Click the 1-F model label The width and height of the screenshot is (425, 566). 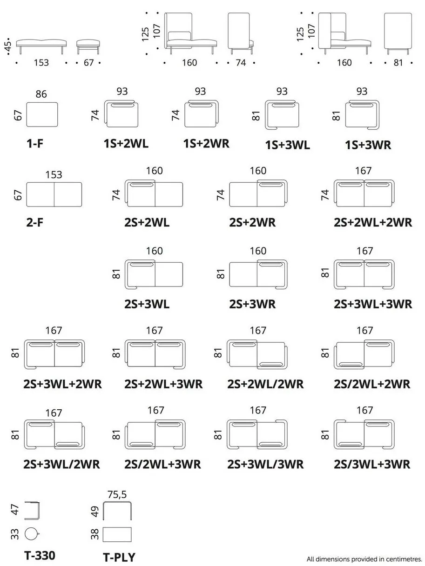point(35,143)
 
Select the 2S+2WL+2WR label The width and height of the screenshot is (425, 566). point(372,222)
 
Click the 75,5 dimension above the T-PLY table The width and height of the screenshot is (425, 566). point(117,494)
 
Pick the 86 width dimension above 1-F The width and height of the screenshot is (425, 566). point(41,94)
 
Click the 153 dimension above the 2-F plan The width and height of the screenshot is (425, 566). point(54,174)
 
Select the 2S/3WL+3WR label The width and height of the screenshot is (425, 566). point(372,464)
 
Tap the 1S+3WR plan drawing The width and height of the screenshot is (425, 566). point(362,114)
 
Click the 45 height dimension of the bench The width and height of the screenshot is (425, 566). point(8,46)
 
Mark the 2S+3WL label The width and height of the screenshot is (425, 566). point(147,304)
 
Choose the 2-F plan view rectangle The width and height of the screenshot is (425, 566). point(54,194)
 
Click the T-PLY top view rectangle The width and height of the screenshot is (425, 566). point(117,534)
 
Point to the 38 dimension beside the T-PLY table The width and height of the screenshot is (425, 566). point(94,534)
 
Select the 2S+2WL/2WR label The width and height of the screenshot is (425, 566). point(265,384)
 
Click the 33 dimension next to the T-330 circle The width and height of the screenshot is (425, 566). point(15,534)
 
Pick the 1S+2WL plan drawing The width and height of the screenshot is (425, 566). point(121,113)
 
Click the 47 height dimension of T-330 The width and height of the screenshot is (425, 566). point(15,510)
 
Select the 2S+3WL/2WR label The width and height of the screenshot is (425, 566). point(61,464)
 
